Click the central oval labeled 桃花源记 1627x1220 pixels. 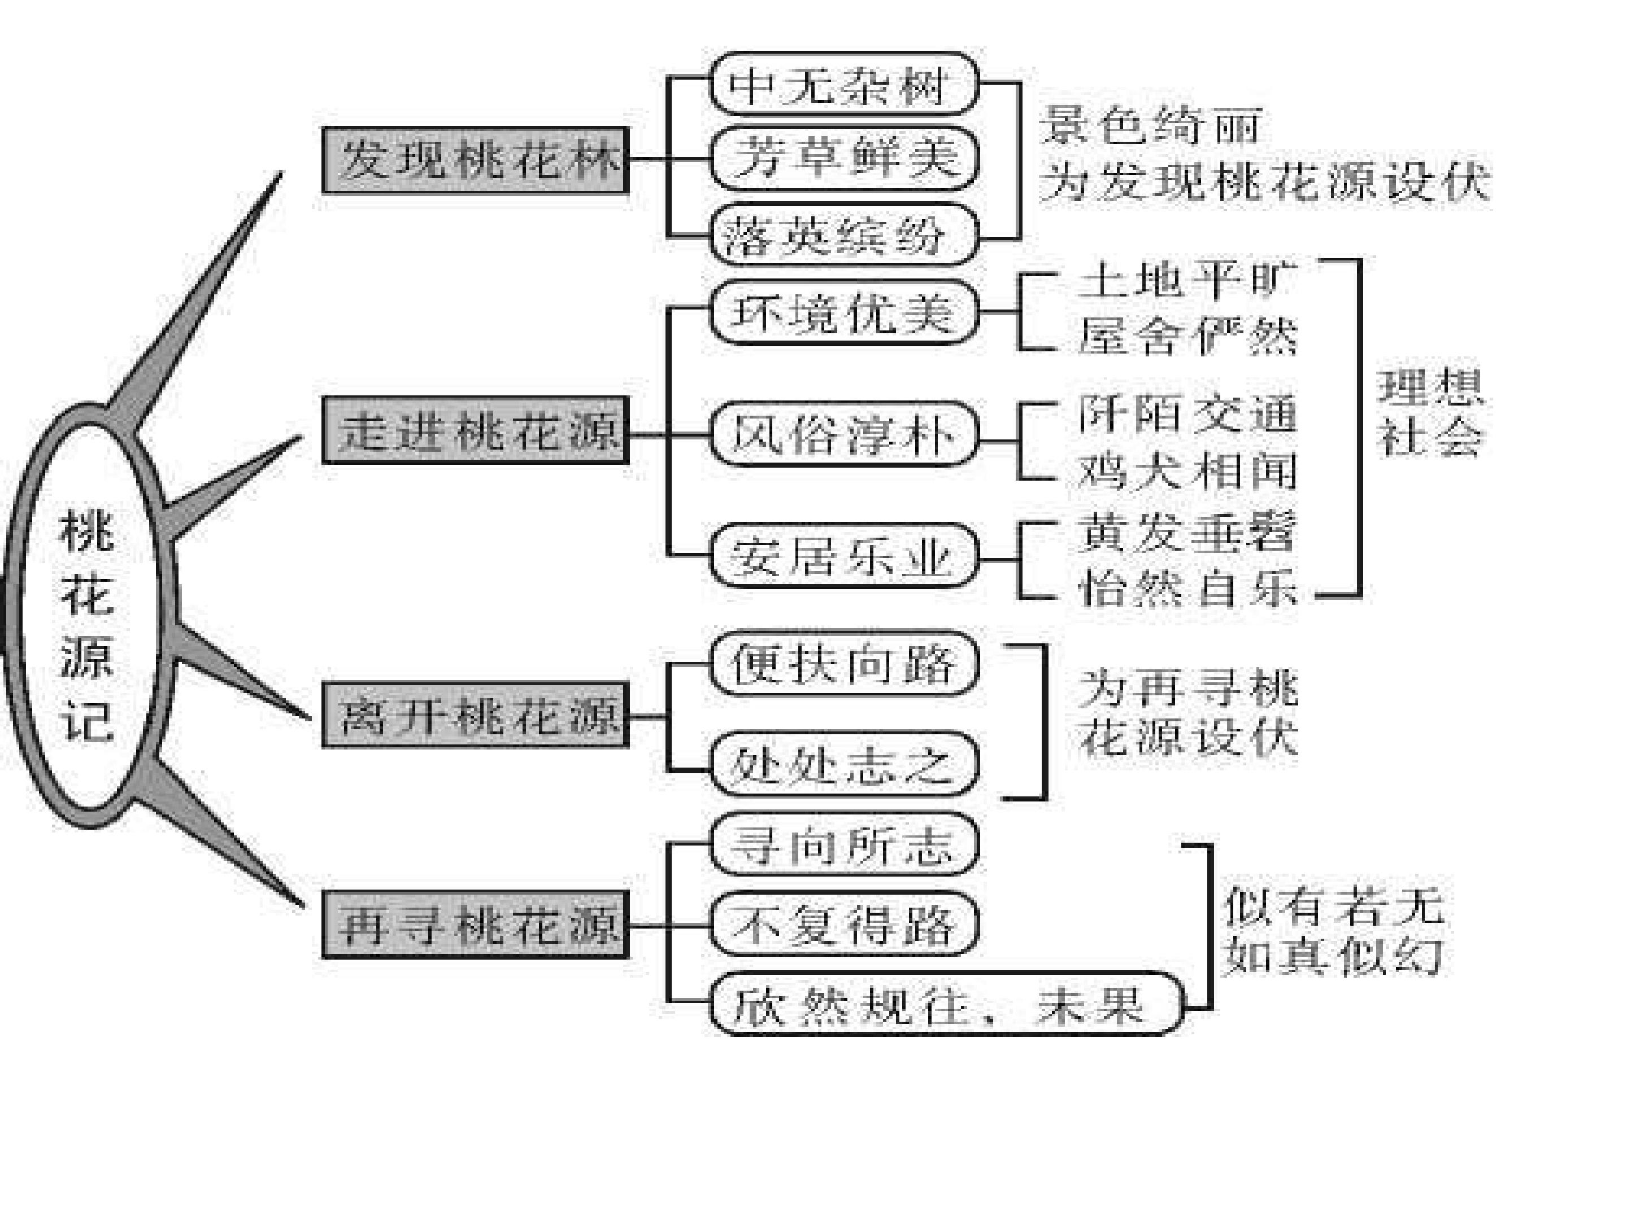17,618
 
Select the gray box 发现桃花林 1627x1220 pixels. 475,160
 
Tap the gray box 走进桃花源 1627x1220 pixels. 475,430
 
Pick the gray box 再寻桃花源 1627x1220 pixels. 475,925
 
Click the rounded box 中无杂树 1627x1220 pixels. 843,84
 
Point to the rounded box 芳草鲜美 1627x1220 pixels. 843,158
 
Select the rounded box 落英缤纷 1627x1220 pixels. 843,236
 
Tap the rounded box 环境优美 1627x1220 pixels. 843,312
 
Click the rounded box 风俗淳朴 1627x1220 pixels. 843,434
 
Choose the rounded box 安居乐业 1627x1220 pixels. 843,555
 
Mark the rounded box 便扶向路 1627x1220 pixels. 843,663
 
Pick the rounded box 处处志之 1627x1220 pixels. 843,764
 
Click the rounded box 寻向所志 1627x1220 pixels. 843,844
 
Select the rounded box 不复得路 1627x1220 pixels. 843,923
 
